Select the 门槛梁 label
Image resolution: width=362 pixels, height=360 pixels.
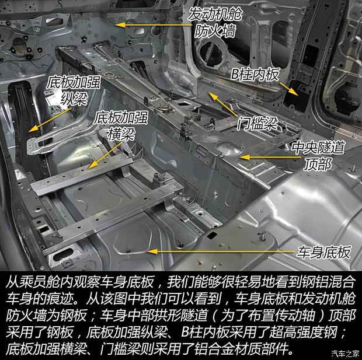tap(256, 123)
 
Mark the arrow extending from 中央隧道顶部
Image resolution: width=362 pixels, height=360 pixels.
tap(263, 156)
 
